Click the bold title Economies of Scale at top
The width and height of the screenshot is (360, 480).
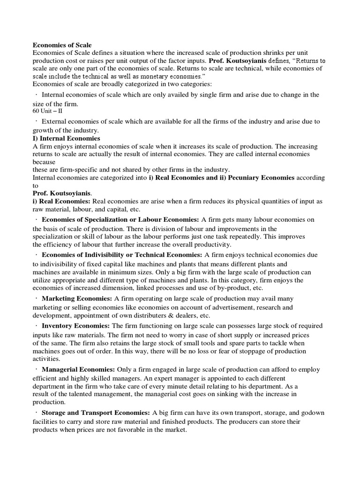tap(62, 45)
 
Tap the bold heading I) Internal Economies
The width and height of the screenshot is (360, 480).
tap(66, 139)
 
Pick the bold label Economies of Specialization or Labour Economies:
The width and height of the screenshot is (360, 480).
tap(120, 219)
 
